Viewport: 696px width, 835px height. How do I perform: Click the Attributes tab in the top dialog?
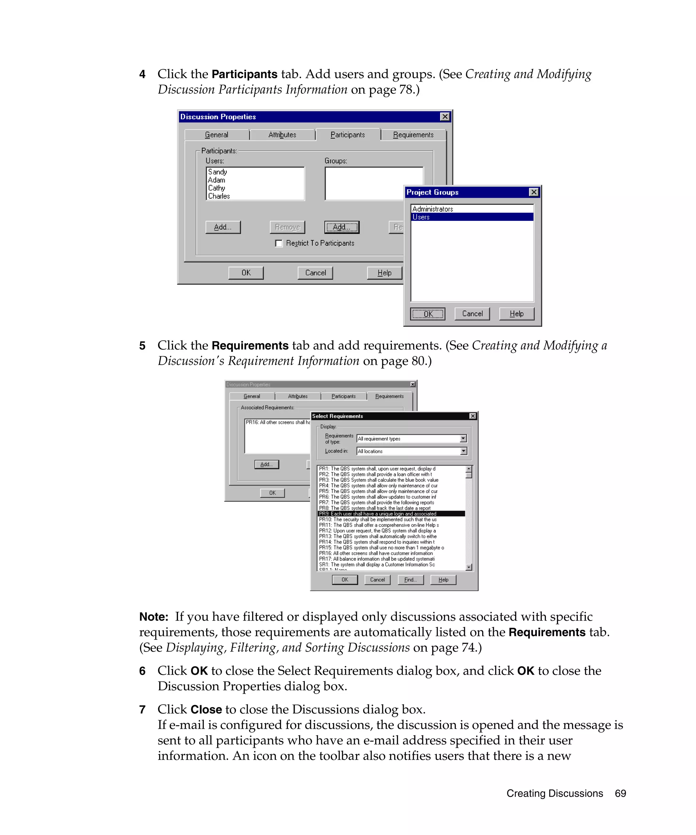[x=282, y=135]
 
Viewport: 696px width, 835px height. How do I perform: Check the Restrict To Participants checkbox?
[x=279, y=243]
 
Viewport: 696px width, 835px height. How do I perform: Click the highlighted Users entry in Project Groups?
[x=471, y=217]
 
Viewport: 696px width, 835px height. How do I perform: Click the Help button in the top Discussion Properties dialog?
[x=384, y=273]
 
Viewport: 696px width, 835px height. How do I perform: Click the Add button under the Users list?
[x=223, y=227]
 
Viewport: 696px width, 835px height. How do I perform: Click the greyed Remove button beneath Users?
[x=287, y=227]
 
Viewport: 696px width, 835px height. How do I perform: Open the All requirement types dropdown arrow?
[x=463, y=439]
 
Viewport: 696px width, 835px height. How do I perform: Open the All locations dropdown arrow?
[x=463, y=451]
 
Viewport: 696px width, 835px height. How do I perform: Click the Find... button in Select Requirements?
[x=410, y=580]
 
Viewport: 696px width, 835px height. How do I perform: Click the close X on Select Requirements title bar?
[x=472, y=416]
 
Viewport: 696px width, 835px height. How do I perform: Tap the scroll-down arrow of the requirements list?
[x=469, y=567]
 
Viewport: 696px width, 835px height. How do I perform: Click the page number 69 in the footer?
[x=620, y=793]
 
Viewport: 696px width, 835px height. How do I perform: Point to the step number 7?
[x=142, y=709]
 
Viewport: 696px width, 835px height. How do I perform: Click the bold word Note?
[x=153, y=617]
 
